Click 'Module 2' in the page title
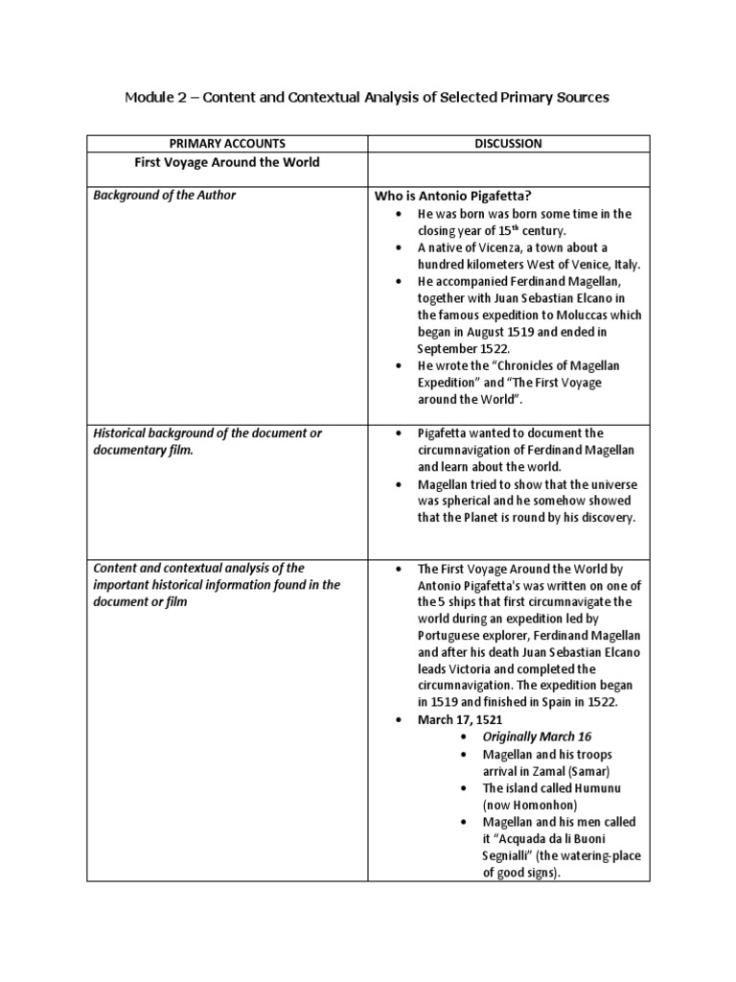[156, 98]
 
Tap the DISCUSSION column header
[507, 144]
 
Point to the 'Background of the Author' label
[164, 196]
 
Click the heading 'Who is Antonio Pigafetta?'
[454, 196]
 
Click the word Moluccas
[602, 315]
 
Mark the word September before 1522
[449, 348]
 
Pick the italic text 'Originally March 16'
[537, 736]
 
